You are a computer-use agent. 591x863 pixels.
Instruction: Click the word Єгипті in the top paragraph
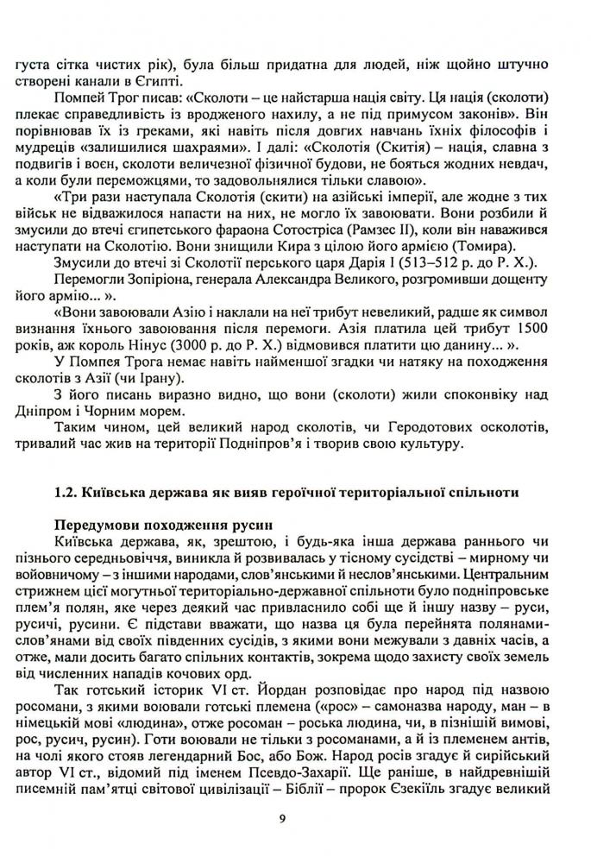tap(155, 82)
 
